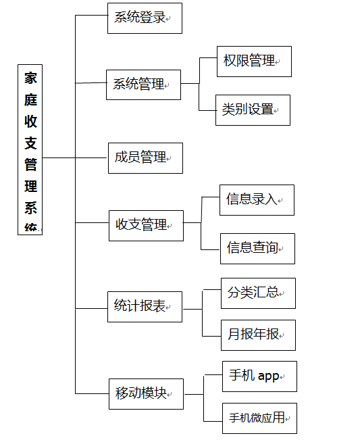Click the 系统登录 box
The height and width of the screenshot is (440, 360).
pos(145,18)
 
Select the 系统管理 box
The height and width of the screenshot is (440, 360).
pos(143,84)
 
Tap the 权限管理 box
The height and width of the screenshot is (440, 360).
pos(254,62)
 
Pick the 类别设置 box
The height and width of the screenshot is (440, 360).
pos(253,110)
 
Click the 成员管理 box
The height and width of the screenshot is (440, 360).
pos(145,158)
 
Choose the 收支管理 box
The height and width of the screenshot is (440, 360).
pos(146,226)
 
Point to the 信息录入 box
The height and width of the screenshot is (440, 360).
pos(257,200)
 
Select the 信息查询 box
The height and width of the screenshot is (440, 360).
pos(257,249)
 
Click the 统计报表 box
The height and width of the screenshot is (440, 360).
pos(145,307)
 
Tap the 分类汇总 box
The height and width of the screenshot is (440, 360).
pos(258,293)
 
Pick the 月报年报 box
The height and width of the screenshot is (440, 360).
pos(258,335)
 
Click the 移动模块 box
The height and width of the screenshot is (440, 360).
pos(146,394)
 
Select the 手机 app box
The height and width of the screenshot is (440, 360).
pos(259,376)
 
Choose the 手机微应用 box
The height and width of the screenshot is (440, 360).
pos(259,418)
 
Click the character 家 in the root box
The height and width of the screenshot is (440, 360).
pos(30,78)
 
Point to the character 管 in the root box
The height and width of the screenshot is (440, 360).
pos(30,164)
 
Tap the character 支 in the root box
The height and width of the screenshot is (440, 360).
pos(30,143)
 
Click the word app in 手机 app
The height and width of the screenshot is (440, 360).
pos(268,376)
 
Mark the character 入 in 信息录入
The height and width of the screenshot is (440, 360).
pos(271,199)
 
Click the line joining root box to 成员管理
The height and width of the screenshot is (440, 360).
pos(74,157)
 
